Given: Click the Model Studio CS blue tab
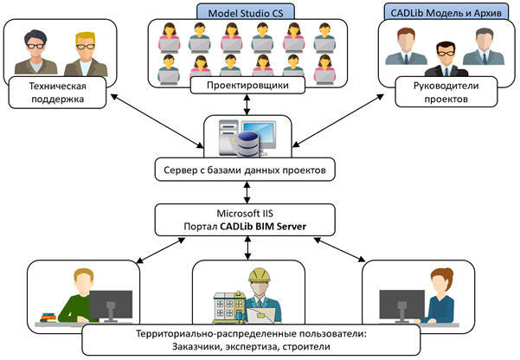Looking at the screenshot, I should point(247,10).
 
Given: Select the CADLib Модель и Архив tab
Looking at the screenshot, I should point(443,10).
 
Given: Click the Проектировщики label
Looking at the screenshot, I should point(248,87).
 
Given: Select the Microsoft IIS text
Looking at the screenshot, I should point(248,212).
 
